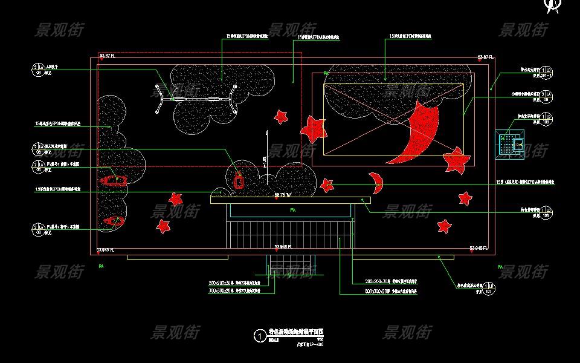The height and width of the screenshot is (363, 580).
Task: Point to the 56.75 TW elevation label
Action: pos(282,195)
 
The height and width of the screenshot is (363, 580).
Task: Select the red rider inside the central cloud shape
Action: pos(239,181)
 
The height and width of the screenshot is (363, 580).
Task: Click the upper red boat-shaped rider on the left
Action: pos(113,180)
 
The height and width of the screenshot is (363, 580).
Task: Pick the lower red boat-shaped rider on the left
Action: pos(113,221)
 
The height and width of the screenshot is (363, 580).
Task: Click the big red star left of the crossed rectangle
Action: pos(314,128)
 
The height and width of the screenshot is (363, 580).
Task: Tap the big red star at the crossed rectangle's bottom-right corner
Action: pos(456,160)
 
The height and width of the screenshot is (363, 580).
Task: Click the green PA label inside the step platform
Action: pos(292,210)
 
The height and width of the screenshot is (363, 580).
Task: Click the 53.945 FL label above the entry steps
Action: pos(283,247)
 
